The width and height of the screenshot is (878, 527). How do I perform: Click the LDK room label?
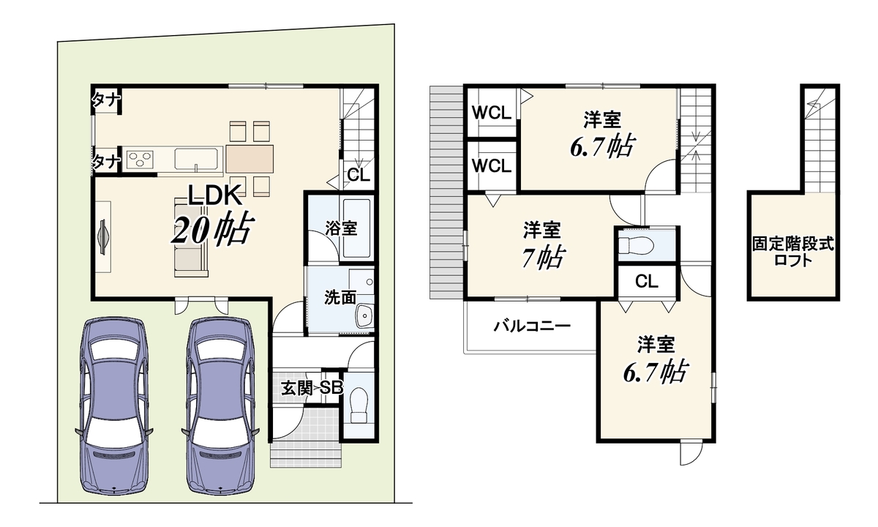point(215,195)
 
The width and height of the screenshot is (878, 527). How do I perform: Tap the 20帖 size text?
point(212,231)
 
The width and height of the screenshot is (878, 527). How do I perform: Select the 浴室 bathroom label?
point(341,228)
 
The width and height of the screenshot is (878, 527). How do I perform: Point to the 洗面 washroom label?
point(339,298)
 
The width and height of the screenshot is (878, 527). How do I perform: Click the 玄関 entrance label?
point(297,388)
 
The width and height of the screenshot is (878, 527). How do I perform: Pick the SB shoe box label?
point(331,388)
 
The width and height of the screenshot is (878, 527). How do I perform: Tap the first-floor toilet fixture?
point(359,405)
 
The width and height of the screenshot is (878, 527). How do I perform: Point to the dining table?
point(249,159)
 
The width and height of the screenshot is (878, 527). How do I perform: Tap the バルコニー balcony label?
point(532,326)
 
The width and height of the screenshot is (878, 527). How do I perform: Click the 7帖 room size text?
point(542,258)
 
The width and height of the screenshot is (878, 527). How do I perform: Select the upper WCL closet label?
point(492,113)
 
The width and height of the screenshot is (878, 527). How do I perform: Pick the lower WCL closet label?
point(492,166)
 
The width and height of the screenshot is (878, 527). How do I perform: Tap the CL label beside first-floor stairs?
point(359,175)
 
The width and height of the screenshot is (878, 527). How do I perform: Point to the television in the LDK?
point(102,237)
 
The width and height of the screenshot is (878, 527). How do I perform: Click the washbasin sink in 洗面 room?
point(364,315)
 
